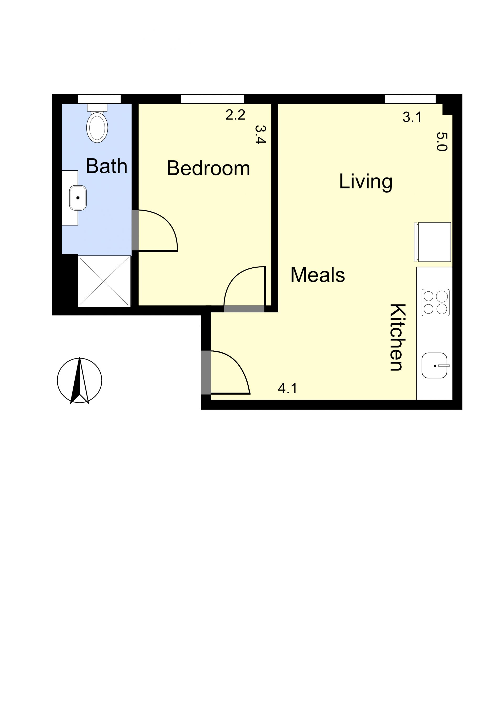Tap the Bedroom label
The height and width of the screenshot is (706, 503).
tap(208, 168)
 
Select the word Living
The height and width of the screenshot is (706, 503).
tap(365, 182)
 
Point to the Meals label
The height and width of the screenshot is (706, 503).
tap(318, 275)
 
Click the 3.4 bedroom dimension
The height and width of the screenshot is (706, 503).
tap(260, 134)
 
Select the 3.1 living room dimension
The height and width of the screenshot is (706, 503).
tap(412, 117)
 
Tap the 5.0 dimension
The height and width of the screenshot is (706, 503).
tap(442, 141)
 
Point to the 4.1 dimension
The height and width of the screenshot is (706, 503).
tap(287, 388)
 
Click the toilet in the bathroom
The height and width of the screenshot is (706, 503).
tap(97, 125)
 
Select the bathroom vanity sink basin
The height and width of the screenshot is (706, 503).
tap(78, 198)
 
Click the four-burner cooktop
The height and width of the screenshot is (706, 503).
tap(435, 302)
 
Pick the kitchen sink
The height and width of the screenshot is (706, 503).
tap(434, 366)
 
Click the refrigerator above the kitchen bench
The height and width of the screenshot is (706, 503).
tap(433, 242)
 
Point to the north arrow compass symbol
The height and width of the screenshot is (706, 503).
tap(80, 380)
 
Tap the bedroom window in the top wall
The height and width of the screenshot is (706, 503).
tap(212, 99)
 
